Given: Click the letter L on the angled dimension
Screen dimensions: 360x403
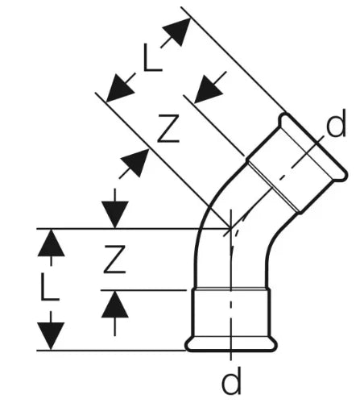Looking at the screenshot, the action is (153, 58).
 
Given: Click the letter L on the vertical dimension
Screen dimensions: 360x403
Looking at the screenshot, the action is (50, 286).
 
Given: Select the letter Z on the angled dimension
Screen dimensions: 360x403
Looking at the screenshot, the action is (168, 128).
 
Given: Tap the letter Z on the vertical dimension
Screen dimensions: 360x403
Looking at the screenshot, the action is (114, 260).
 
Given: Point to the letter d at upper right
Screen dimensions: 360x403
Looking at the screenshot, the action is (336, 123).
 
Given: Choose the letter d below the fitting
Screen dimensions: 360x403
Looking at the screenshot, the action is (231, 380).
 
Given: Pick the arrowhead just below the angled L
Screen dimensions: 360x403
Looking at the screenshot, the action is (119, 88).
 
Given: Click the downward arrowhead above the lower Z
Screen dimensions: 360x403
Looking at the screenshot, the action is (115, 214).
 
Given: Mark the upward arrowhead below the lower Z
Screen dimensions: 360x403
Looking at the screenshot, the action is (115, 305).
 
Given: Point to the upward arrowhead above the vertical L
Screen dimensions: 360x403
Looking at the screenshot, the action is (51, 243).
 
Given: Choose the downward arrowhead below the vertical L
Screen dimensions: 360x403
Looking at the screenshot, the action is (51, 336).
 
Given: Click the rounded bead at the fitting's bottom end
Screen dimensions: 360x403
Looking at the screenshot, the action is (231, 344).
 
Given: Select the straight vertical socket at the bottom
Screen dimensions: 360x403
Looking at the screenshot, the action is (231, 313).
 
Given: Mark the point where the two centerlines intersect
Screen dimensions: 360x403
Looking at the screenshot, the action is (231, 229).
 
